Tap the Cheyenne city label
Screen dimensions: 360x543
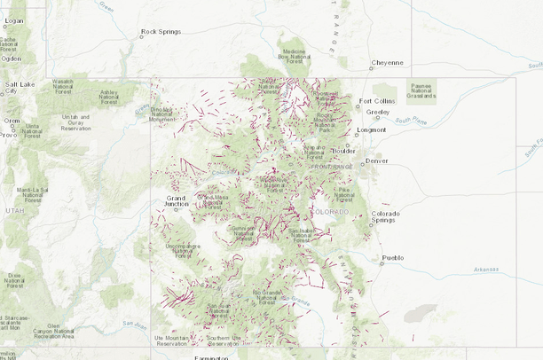(389, 63)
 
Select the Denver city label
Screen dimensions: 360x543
(377, 160)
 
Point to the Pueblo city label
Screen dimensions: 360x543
(393, 258)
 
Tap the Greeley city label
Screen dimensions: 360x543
(378, 113)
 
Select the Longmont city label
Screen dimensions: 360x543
(371, 129)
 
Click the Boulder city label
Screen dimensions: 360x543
(343, 151)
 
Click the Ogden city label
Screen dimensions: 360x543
(12, 59)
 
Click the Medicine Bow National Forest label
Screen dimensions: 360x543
(294, 56)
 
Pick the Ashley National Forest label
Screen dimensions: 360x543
(108, 97)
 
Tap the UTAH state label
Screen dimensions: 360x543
(15, 211)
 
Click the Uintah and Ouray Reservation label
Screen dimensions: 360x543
(75, 122)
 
